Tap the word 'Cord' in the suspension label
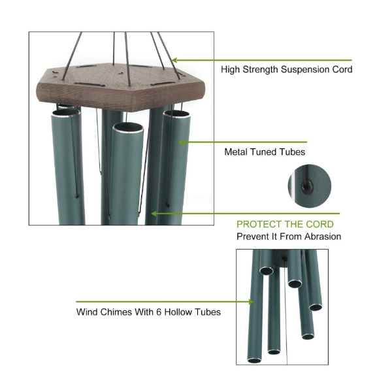pyautogui.click(x=342, y=69)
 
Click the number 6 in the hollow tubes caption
pyautogui.click(x=159, y=312)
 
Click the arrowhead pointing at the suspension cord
pyautogui.click(x=174, y=60)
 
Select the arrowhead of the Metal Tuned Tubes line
pyautogui.click(x=182, y=142)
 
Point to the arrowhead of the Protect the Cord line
pyautogui.click(x=154, y=214)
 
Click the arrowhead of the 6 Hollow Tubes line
pyautogui.click(x=251, y=302)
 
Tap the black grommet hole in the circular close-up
pyautogui.click(x=307, y=186)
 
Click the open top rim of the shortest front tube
pyautogui.click(x=128, y=127)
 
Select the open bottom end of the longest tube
pyautogui.click(x=254, y=360)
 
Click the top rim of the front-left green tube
pyautogui.click(x=66, y=112)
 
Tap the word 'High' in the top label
pyautogui.click(x=230, y=70)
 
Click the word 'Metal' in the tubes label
pyautogui.click(x=236, y=152)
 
